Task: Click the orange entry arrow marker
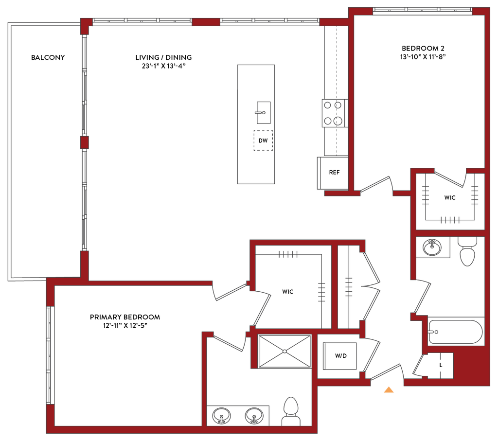click(x=388, y=389)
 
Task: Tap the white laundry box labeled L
click(x=441, y=364)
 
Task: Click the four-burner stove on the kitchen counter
click(x=334, y=113)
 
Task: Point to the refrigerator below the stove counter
click(x=332, y=172)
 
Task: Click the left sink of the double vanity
click(x=222, y=416)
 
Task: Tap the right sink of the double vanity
click(x=253, y=416)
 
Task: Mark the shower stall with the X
click(x=284, y=351)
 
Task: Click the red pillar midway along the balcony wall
click(x=85, y=142)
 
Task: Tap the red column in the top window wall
click(x=206, y=22)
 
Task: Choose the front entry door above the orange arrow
click(x=386, y=371)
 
